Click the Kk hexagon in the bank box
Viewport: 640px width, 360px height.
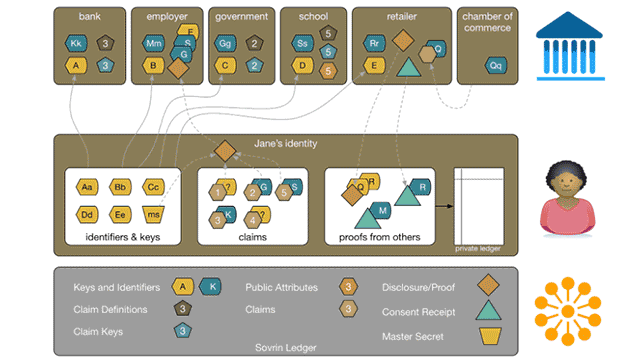point(76,43)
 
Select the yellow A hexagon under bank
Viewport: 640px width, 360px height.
point(76,66)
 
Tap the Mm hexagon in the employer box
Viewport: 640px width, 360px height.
point(153,43)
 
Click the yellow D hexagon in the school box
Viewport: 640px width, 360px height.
point(301,66)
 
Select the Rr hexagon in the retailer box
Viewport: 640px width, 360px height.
point(373,43)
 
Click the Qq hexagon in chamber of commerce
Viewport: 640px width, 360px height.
point(494,65)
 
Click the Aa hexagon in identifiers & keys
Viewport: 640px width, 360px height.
point(86,187)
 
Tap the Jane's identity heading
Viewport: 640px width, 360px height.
point(286,144)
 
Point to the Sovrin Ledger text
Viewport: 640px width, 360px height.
point(286,347)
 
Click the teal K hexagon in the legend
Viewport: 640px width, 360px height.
point(211,287)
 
